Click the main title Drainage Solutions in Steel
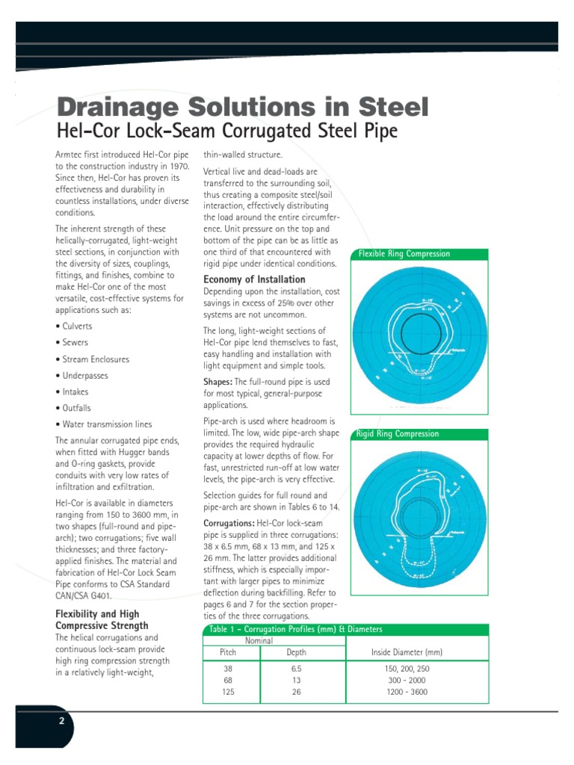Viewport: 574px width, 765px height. (243, 107)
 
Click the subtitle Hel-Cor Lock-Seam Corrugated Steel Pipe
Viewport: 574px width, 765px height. (228, 131)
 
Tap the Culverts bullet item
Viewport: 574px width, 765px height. (74, 326)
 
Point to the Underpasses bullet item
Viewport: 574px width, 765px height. (82, 376)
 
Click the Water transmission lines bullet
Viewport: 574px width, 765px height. (103, 424)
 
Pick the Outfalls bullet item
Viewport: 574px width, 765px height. (73, 408)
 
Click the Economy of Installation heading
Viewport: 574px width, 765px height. (254, 279)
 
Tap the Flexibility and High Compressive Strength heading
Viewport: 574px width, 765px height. (102, 619)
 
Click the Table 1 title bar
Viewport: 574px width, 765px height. (381, 629)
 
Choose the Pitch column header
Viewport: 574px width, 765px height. (228, 652)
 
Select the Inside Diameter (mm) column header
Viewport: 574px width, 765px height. (407, 652)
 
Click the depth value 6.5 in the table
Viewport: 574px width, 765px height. (296, 670)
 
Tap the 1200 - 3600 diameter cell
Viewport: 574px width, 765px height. (407, 692)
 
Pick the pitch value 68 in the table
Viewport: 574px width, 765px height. (228, 681)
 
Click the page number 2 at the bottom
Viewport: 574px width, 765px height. (62, 721)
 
